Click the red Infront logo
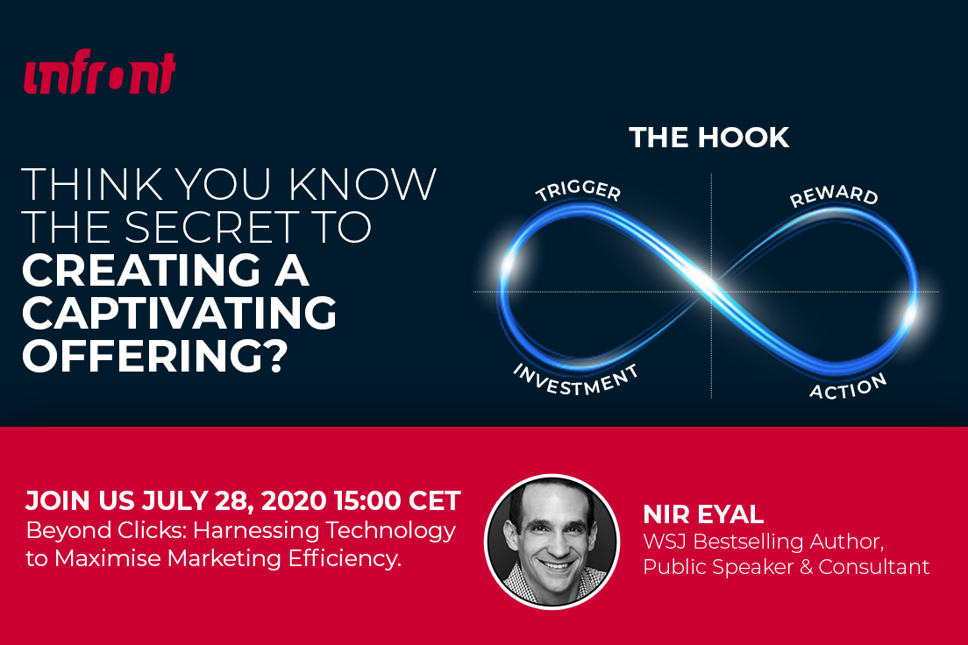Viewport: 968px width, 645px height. [99, 72]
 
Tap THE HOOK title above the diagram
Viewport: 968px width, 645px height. [708, 138]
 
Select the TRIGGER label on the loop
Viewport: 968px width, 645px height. [578, 191]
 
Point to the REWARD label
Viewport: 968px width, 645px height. [834, 195]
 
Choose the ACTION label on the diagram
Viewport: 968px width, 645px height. [848, 387]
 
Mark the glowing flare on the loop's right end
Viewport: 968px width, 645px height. [910, 314]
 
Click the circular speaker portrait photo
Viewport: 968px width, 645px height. [552, 542]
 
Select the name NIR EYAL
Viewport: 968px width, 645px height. [703, 514]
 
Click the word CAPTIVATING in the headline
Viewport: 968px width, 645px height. [179, 312]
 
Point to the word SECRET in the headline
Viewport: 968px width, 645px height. [213, 226]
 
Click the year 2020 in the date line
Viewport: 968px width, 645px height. [293, 500]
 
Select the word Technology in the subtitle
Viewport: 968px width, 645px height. [390, 531]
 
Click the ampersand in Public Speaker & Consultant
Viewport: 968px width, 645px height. [807, 567]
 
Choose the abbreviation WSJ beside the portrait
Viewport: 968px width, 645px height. [665, 542]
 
